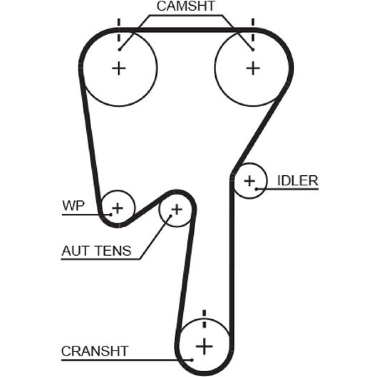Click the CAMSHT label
pos(185,6)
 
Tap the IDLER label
pos(297,181)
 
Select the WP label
pos(74,206)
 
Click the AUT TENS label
pos(96,250)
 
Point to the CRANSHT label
pos(95,351)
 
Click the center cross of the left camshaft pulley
pos(119,68)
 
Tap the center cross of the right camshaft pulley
pos(253,68)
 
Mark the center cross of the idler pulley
pos(249,181)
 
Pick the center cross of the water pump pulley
pos(118,208)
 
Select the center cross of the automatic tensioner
pos(176,208)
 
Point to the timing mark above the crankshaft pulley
pos(204,319)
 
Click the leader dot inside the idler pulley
pos(256,188)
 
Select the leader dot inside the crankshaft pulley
pos(193,360)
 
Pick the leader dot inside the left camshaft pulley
pos(119,49)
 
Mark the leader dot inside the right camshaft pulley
pos(253,49)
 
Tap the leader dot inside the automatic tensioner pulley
pos(170,216)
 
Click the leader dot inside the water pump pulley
pos(111,215)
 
